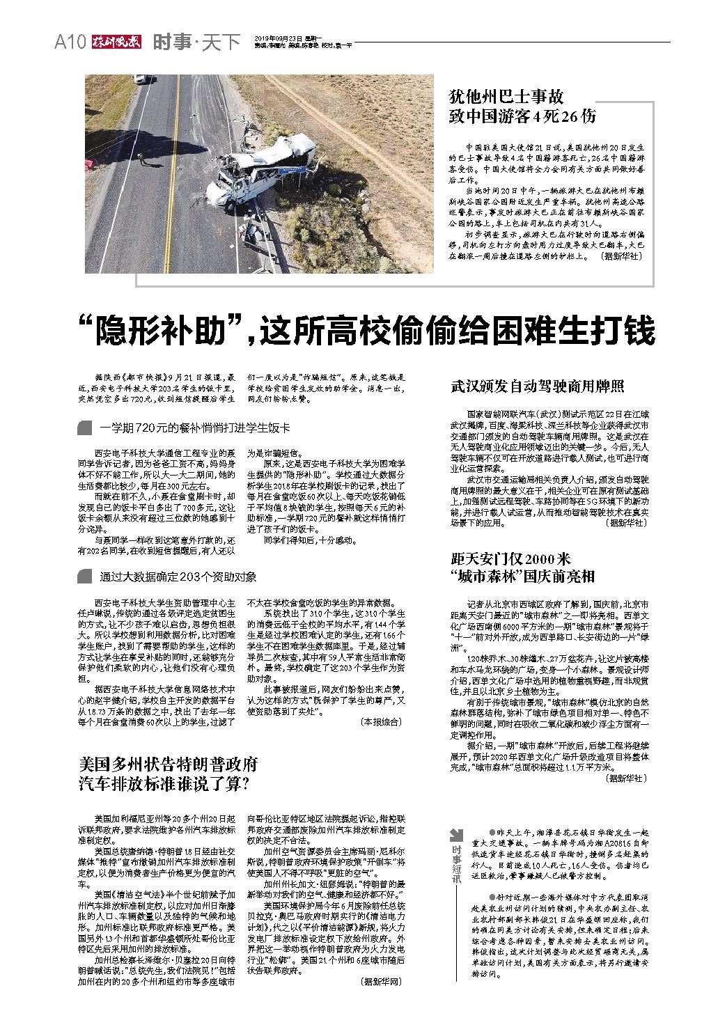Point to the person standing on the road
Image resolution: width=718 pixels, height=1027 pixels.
click(x=142, y=159)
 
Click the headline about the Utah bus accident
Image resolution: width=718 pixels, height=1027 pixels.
click(x=522, y=106)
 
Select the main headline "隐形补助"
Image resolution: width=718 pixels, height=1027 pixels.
click(x=366, y=330)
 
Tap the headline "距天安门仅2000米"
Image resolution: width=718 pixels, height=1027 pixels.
click(x=510, y=558)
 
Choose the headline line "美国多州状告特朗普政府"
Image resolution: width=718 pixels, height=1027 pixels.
click(x=169, y=764)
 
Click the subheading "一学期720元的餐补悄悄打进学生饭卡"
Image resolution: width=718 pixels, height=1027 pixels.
click(x=194, y=428)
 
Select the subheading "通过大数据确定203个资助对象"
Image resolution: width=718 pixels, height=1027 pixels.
click(x=178, y=577)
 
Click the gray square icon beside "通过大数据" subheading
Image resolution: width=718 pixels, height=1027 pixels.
click(x=85, y=577)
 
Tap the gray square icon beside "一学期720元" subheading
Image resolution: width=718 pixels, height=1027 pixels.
click(x=85, y=428)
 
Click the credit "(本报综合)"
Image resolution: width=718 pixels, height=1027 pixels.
click(x=380, y=722)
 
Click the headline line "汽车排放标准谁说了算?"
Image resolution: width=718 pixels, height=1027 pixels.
click(x=164, y=784)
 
